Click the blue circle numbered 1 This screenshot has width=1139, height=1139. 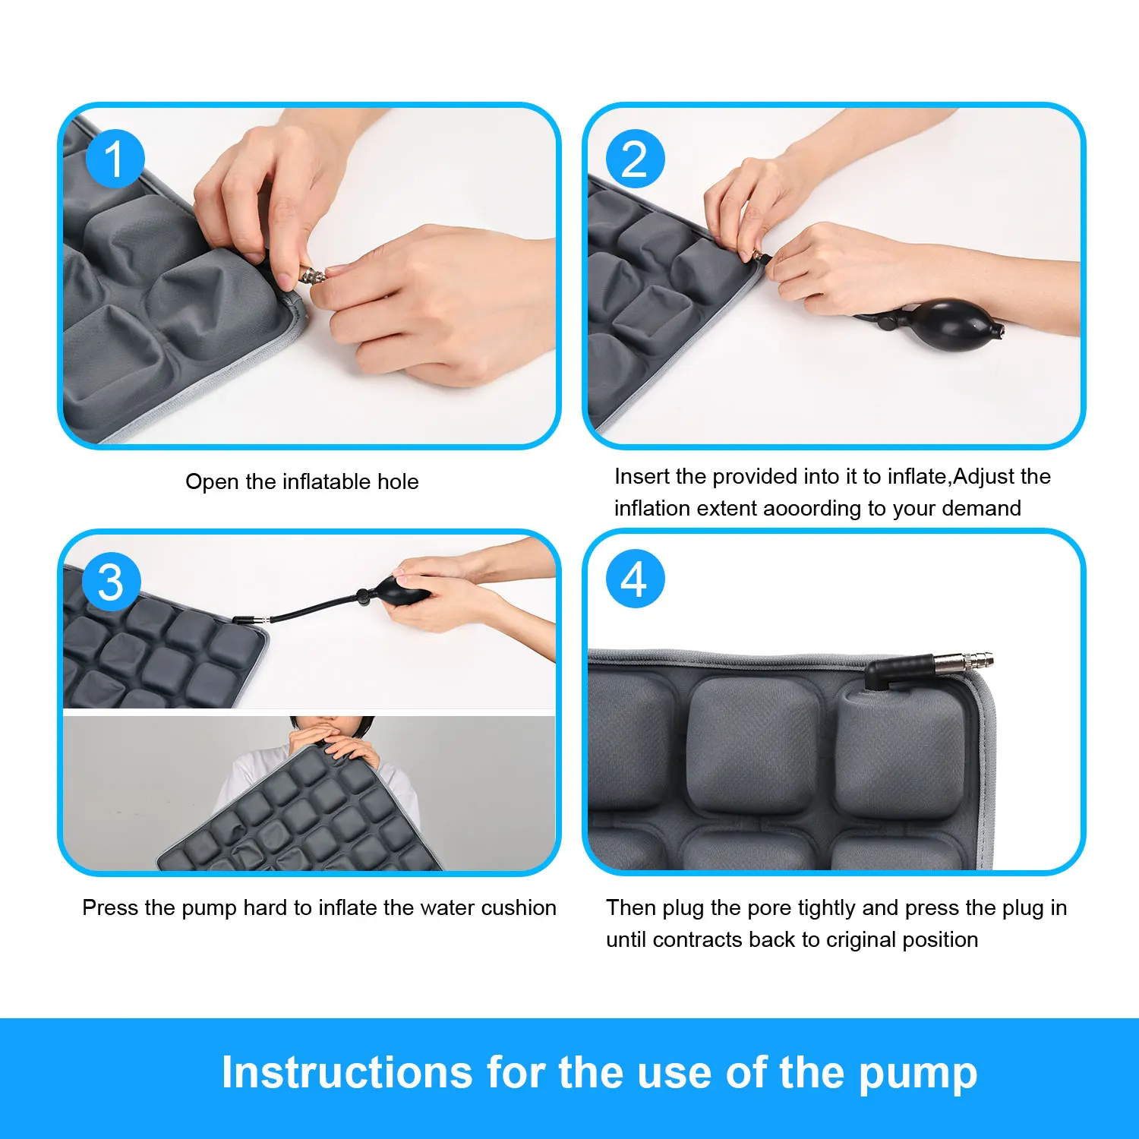pyautogui.click(x=115, y=159)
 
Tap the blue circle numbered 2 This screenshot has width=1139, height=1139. pyautogui.click(x=635, y=159)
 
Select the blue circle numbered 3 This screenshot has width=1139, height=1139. pyautogui.click(x=111, y=582)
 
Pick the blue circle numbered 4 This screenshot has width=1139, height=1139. pyautogui.click(x=635, y=579)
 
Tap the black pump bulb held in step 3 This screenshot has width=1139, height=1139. pyautogui.click(x=398, y=589)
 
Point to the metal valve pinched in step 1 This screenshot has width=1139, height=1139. pyautogui.click(x=311, y=274)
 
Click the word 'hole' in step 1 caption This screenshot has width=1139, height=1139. pyautogui.click(x=398, y=481)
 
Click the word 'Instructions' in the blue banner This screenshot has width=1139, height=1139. pyautogui.click(x=346, y=1073)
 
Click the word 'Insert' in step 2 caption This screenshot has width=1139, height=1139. pyautogui.click(x=642, y=476)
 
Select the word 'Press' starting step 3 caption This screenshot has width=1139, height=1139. pyautogui.click(x=110, y=907)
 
